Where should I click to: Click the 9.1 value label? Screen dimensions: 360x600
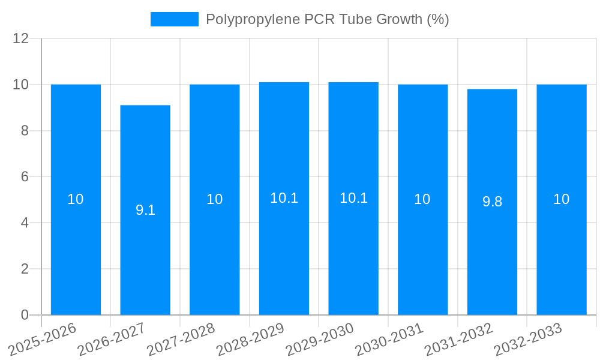tap(145, 210)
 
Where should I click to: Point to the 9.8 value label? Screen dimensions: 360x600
tap(492, 202)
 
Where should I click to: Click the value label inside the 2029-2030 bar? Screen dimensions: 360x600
tap(353, 198)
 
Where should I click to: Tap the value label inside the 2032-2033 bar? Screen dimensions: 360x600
tap(562, 199)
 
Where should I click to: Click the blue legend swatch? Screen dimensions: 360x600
tap(174, 19)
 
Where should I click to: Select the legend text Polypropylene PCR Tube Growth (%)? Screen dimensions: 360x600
tap(327, 19)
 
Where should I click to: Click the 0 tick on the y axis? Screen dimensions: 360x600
tap(25, 315)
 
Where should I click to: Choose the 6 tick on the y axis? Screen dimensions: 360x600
tap(25, 177)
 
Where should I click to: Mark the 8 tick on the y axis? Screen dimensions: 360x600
tap(25, 131)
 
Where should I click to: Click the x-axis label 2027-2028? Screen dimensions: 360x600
tap(181, 339)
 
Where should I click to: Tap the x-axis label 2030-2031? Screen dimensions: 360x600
tap(389, 339)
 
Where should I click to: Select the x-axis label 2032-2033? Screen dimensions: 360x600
tap(528, 339)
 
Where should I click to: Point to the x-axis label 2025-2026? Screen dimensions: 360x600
tap(43, 339)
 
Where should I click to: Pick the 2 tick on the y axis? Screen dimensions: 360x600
tap(25, 269)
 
